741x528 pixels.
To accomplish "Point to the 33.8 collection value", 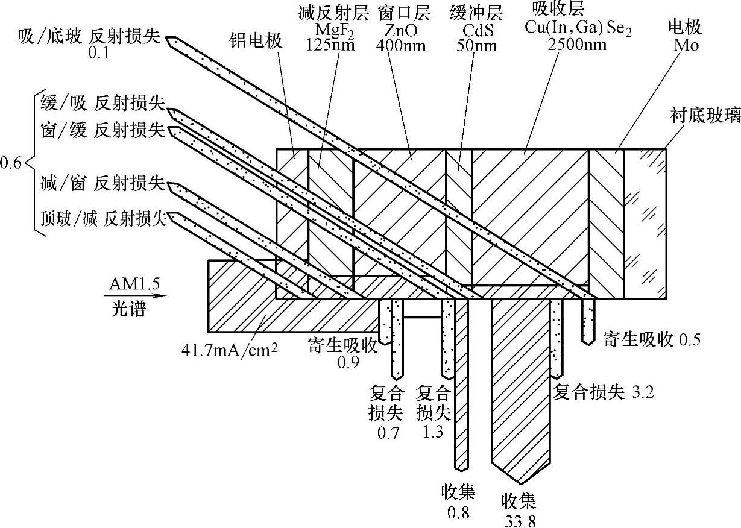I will click(519, 519).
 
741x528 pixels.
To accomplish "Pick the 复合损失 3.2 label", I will click(604, 392).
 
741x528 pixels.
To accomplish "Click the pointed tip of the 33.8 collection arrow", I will click(519, 482).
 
